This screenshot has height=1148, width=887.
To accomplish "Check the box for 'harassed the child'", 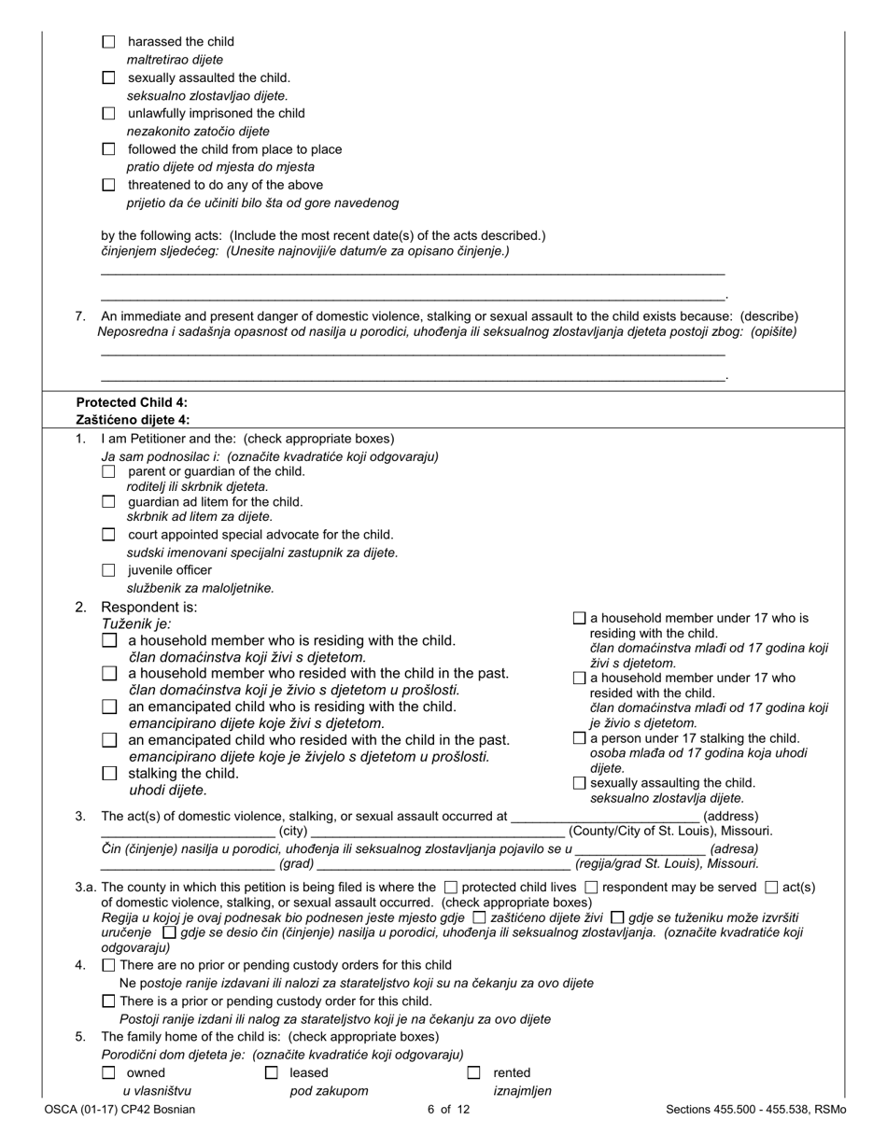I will [108, 42].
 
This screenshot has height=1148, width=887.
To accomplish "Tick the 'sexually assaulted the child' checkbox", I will [108, 77].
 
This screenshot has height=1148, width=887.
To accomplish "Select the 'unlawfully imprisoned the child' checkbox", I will [108, 113].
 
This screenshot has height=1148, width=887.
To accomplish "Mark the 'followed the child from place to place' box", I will [108, 149].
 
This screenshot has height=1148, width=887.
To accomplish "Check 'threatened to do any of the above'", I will [108, 185].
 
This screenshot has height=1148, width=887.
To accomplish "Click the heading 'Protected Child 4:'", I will [132, 402].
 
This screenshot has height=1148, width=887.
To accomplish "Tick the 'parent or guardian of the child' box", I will [108, 471].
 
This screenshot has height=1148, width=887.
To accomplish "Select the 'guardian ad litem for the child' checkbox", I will [108, 502].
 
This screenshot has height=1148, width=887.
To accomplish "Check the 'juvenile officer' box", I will [108, 570].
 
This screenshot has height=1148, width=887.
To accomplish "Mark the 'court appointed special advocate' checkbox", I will [108, 535].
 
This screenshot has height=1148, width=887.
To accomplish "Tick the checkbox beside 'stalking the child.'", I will [109, 774].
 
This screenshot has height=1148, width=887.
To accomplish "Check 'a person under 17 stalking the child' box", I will [579, 738].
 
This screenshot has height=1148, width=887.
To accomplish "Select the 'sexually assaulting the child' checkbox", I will [579, 783].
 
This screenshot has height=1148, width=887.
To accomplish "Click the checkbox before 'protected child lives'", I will [451, 888].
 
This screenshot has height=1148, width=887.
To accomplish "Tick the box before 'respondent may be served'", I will [591, 888].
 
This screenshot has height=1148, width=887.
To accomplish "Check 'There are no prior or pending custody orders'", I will [108, 965].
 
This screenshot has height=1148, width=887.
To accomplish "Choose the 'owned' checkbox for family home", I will [108, 1073].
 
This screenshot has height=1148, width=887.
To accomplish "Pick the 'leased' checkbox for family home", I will [272, 1073].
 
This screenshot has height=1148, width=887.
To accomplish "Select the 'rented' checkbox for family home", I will [474, 1073].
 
